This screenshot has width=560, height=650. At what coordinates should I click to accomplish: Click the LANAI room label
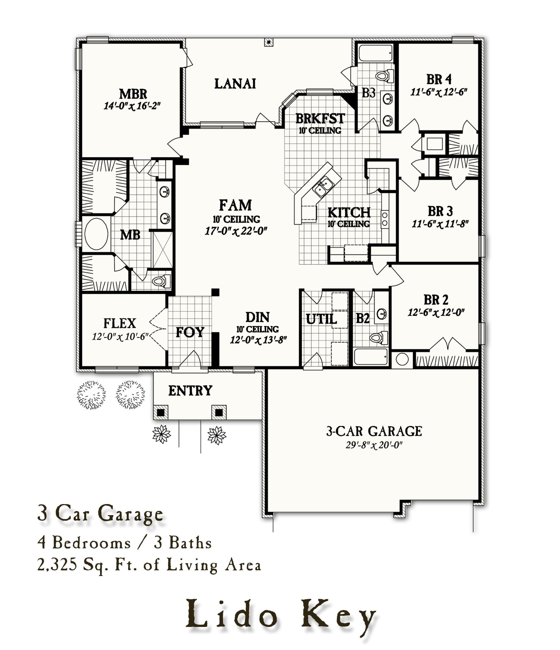[x=235, y=84]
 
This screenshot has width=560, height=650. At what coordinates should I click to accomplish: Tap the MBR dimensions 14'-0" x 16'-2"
[x=132, y=106]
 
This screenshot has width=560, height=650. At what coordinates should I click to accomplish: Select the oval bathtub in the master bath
[x=96, y=234]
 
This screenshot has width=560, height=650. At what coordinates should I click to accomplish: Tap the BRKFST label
[x=320, y=119]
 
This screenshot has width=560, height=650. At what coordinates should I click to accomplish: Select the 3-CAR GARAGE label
[x=374, y=431]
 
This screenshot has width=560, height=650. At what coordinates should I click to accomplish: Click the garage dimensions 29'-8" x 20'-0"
[x=374, y=445]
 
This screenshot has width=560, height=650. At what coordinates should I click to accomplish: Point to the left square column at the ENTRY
[x=161, y=413]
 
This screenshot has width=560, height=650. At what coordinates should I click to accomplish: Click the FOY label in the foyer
[x=190, y=332]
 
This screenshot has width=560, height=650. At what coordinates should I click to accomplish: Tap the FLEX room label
[x=120, y=323]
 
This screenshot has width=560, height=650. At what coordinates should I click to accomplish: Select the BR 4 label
[x=439, y=79]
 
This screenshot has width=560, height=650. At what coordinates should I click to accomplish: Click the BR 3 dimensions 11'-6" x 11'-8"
[x=440, y=224]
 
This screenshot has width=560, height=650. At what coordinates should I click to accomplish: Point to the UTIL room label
[x=321, y=319]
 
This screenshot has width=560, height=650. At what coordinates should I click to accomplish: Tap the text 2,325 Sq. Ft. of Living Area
[x=149, y=566]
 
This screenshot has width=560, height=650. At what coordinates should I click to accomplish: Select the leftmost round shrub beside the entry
[x=91, y=395]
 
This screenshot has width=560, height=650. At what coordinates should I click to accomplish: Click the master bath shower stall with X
[x=162, y=250]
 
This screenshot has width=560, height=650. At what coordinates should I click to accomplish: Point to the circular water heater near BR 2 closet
[x=402, y=359]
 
